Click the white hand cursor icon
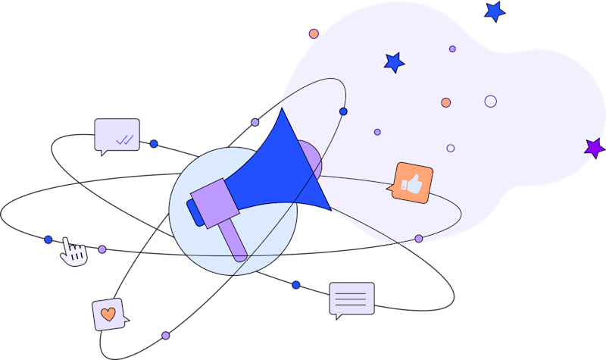73,252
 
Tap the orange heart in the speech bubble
108,314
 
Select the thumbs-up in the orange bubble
413,183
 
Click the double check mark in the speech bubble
124,139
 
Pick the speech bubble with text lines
351,298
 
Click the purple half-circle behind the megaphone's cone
311,159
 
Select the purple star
594,147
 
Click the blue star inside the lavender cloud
394,62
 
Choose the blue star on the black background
495,11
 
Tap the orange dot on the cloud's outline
314,33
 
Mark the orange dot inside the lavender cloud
446,102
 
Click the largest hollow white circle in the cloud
490,102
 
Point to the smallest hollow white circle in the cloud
451,149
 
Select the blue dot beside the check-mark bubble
154,143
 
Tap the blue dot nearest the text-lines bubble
295,285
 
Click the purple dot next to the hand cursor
102,249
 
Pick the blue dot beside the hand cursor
48,239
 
